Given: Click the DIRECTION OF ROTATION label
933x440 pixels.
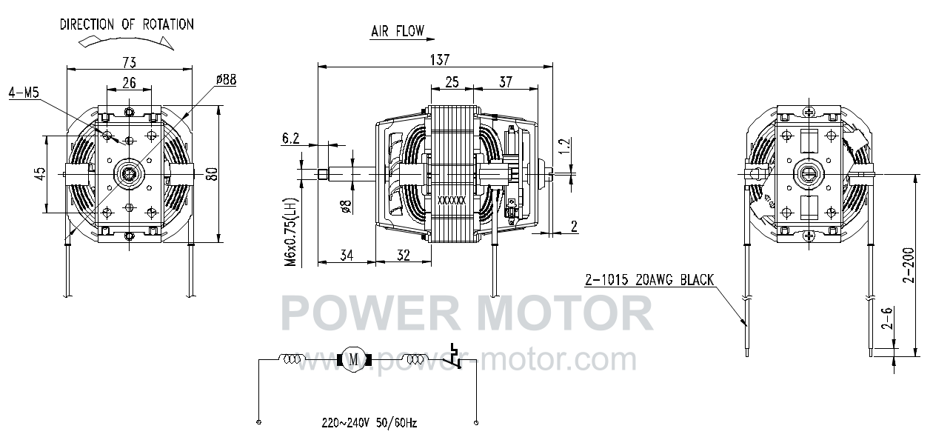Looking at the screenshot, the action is coord(127,24).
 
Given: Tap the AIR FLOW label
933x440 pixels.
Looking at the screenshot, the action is coord(398,31).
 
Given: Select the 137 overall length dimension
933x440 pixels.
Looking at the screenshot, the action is coord(440,60).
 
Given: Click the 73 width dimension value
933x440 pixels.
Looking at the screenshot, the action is coord(129,62).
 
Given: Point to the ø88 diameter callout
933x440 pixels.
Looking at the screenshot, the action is coord(226,79).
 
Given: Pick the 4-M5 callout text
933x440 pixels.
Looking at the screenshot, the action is coord(24,93).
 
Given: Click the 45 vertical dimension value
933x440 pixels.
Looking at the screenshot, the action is coord(40,174).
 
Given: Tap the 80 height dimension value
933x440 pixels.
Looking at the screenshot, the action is coord(212,173).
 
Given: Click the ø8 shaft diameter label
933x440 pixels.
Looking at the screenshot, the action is coord(346,207).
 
